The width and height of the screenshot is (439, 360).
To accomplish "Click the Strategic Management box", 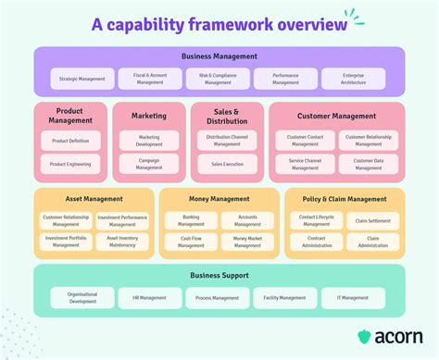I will pos(83,79).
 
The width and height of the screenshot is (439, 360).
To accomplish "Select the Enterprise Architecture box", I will pos(353,79).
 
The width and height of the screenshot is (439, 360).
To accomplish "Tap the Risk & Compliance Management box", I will pos(218,79).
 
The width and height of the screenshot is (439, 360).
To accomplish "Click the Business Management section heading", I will pos(219,56).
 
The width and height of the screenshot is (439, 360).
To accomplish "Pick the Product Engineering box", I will pos(70,164).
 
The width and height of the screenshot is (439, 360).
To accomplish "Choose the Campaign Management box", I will pos(149,164).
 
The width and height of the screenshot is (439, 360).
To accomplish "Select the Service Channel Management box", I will pos(305,164).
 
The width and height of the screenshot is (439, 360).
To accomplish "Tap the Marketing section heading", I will pos(149,117).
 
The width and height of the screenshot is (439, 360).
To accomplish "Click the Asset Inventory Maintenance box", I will pos(121,242).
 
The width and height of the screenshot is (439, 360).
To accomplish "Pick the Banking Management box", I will pos(191,220).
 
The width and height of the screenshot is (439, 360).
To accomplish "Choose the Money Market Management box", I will pos(247,242).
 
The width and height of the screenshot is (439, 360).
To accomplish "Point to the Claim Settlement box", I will pos(372,220).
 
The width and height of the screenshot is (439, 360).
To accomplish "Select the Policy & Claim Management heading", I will pos(344,199).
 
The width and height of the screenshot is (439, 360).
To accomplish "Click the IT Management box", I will pos(353,298).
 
